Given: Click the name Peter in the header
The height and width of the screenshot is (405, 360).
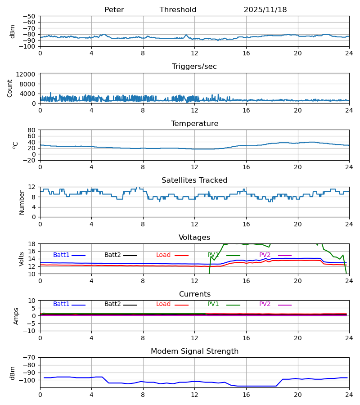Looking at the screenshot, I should [114, 10].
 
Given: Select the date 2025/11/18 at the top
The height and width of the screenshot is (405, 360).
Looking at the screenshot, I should [265, 10].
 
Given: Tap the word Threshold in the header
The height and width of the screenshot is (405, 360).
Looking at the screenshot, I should [178, 10].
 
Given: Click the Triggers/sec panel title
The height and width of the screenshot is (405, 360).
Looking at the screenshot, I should [194, 67].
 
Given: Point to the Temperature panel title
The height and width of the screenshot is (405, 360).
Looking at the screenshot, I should [194, 124].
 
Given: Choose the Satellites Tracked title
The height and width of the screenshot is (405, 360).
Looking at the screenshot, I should [194, 180].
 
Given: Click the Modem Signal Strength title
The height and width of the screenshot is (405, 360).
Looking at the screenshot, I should [194, 351].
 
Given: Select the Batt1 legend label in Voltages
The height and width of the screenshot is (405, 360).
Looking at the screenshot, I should [61, 255].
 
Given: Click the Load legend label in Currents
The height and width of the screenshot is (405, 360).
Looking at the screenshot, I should [163, 304].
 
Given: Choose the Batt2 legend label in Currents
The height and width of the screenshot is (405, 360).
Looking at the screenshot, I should [112, 304].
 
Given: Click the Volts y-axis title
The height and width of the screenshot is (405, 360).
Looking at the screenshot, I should [22, 259].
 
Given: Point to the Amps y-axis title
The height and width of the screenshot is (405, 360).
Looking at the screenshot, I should [16, 316].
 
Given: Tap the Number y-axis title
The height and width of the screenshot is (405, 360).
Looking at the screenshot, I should [22, 202].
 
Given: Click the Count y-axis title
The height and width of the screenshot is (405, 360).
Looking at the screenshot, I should [10, 88].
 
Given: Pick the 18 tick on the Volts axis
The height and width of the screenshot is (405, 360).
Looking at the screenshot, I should [32, 244].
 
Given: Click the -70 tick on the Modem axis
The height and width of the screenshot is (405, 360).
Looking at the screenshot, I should [30, 357].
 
